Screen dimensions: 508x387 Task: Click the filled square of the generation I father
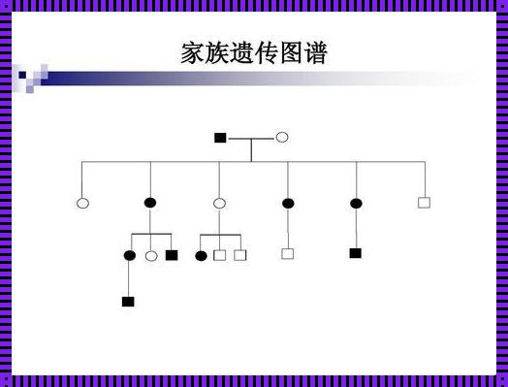tap(220, 138)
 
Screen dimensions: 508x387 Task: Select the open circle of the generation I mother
tap(281, 138)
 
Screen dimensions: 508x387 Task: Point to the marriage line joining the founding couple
tap(250, 138)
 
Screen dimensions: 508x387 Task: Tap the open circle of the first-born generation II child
tap(82, 203)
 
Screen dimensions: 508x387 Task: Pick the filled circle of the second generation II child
tap(150, 203)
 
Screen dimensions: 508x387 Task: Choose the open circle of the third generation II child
tap(219, 203)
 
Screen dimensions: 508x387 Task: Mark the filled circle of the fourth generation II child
tap(288, 203)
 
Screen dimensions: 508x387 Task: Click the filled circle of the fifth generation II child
tap(356, 203)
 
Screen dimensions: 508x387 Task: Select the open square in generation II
tap(424, 203)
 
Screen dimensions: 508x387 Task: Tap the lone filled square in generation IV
tap(128, 302)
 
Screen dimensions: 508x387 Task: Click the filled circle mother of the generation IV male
tap(130, 255)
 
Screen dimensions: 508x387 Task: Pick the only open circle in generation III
tap(150, 255)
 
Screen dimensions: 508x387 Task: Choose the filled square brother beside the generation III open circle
tap(172, 255)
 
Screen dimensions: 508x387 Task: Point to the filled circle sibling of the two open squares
tap(201, 255)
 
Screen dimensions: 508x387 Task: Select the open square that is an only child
tap(287, 253)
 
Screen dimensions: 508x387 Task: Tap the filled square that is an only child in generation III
tap(356, 253)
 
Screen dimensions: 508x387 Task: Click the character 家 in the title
tap(194, 52)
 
